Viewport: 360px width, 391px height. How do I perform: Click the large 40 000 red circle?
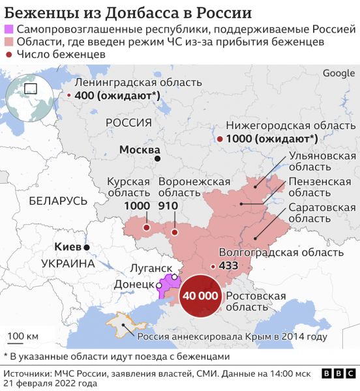tap(201, 296)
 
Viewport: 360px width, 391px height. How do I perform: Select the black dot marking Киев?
tap(86, 248)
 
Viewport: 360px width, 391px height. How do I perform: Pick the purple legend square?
tap(8, 29)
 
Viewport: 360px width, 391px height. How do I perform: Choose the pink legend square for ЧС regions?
tap(8, 42)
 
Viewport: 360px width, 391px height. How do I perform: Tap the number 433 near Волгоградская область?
tap(228, 266)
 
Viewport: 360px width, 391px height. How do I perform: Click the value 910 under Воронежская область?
tap(168, 206)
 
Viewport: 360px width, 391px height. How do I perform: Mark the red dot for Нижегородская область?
tap(220, 139)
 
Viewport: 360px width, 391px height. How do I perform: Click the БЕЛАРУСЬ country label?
tap(57, 201)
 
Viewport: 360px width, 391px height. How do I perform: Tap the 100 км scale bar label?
tap(23, 336)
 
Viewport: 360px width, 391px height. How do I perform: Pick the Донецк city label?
tap(134, 285)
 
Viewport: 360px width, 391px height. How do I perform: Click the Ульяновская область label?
tap(322, 162)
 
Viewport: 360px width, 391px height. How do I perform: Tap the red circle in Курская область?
tap(147, 228)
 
